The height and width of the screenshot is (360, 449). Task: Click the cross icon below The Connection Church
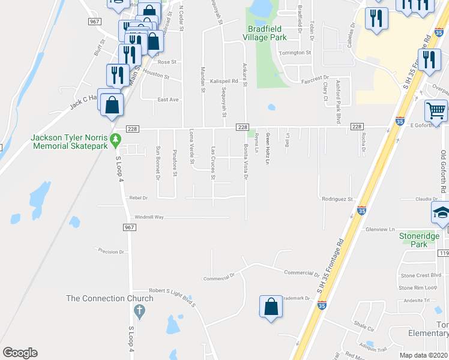[139, 311]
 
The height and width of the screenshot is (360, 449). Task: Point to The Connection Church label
[105, 298]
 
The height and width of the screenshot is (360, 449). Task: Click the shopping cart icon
[436, 110]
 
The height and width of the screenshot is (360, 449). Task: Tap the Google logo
[20, 353]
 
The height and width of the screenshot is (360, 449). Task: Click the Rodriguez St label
[337, 199]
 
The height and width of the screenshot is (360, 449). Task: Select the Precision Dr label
[110, 252]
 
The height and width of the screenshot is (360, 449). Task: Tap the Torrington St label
[295, 53]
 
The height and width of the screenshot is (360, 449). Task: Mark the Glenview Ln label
[380, 229]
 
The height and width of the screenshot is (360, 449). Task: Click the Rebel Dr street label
[139, 197]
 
